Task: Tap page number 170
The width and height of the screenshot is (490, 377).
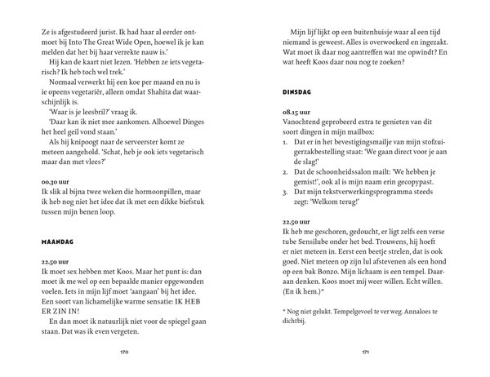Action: [x=124, y=353]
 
